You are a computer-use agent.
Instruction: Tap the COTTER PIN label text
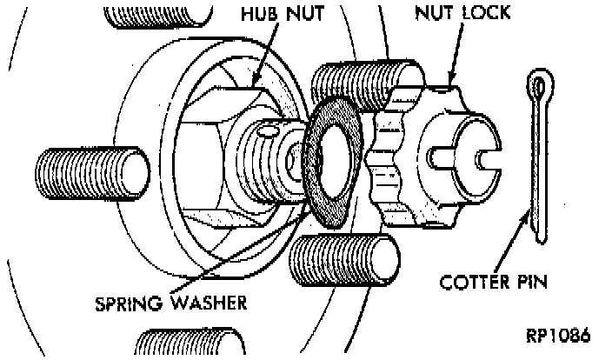pyautogui.click(x=497, y=283)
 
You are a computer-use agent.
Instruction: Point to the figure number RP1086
pyautogui.click(x=557, y=336)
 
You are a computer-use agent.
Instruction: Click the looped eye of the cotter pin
pyautogui.click(x=540, y=88)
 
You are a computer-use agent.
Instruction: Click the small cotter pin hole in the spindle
pyautogui.click(x=268, y=132)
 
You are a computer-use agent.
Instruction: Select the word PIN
pyautogui.click(x=535, y=283)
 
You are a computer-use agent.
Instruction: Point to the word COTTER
pyautogui.click(x=479, y=283)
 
